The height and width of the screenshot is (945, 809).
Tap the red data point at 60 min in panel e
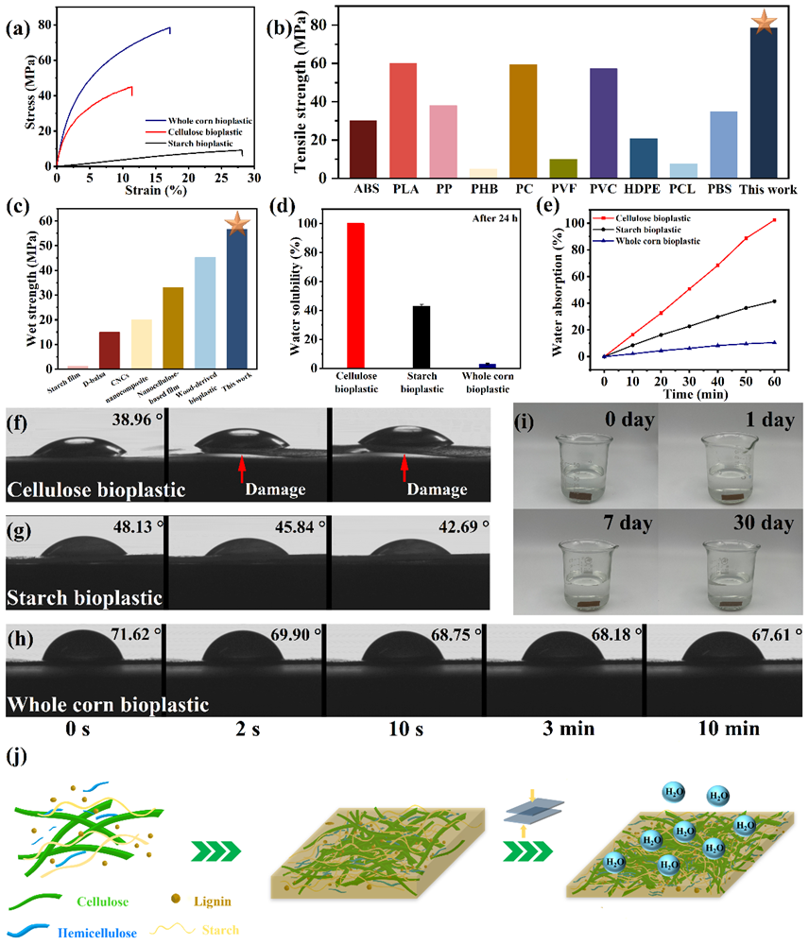tap(774, 220)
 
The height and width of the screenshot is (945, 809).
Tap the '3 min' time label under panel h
tap(561, 729)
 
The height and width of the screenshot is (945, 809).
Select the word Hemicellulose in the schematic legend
tap(95, 933)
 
